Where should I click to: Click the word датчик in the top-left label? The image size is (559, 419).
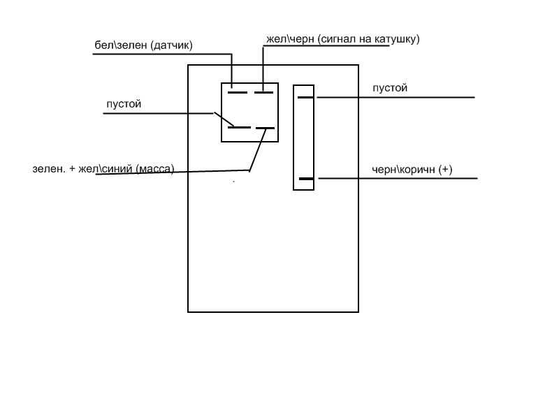[170, 45]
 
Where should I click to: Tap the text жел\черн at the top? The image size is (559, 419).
[289, 39]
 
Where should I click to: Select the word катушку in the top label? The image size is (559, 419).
[393, 39]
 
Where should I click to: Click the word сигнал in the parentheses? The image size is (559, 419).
[340, 39]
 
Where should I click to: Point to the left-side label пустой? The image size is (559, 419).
[124, 104]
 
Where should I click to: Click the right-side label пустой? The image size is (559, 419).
[390, 88]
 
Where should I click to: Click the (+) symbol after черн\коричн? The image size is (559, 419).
[445, 169]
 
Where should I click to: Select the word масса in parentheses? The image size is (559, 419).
[155, 168]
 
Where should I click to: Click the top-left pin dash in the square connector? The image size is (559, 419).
[238, 92]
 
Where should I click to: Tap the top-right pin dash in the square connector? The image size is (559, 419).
[263, 92]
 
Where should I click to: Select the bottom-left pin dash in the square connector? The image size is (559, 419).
[239, 127]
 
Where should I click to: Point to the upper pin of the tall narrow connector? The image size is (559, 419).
[305, 97]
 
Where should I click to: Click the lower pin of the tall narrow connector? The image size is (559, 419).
[305, 179]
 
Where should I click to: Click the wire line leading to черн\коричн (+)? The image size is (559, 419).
[398, 179]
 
